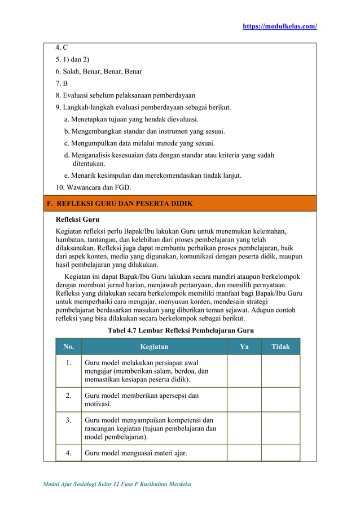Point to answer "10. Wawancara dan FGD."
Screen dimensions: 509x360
point(93,187)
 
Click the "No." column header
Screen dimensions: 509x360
point(68,346)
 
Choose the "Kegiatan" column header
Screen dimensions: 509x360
point(154,346)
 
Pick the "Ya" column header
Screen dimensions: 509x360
point(244,346)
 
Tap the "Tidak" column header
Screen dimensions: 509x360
point(280,346)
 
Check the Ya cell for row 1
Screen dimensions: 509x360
point(244,371)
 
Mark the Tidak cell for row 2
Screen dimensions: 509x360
point(280,400)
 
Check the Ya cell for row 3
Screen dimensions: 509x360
point(244,428)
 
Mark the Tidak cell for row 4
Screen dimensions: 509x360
point(280,453)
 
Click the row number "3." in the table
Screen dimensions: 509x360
point(68,420)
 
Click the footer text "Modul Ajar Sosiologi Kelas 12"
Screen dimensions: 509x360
point(90,485)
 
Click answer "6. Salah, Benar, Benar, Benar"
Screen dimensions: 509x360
point(99,72)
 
